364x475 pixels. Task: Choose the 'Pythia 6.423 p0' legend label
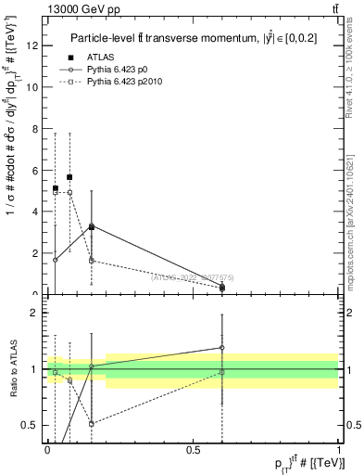[119, 70]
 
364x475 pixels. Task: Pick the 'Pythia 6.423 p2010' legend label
[125, 82]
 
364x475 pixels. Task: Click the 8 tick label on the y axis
[34, 129]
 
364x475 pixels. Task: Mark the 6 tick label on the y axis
[34, 171]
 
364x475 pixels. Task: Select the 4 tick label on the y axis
[34, 212]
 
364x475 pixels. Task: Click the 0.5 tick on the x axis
[193, 449]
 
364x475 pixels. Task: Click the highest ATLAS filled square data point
[69, 176]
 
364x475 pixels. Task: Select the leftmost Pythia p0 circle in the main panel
[56, 260]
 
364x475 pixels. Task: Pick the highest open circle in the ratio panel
[222, 348]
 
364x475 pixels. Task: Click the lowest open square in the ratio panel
[92, 423]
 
